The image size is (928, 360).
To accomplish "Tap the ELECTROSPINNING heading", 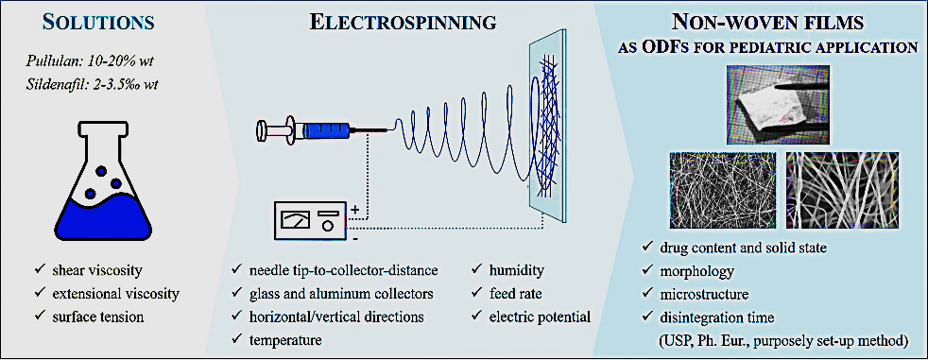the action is point(403,23).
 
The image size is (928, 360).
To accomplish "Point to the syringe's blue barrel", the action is point(324,129).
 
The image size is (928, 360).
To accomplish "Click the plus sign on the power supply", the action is point(355,210).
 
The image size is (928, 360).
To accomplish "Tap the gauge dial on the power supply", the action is point(293,221).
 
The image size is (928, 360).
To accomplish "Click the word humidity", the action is point(517,271).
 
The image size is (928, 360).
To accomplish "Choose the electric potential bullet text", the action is point(541,317).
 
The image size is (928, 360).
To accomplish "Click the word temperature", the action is point(285,340).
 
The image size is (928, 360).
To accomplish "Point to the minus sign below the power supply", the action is point(354,240).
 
